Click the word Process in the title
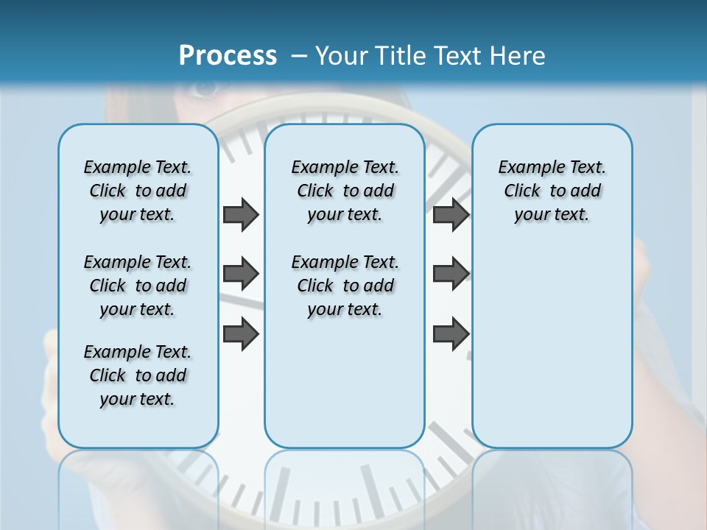point(228,55)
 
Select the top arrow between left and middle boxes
point(241,215)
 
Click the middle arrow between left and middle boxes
point(241,275)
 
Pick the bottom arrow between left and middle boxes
point(241,334)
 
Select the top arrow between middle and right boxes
point(451,215)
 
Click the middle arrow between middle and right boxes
point(451,275)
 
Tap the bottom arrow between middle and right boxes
point(451,334)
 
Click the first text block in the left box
point(138,191)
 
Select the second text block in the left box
point(138,286)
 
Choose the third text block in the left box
point(138,375)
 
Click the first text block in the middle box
point(345,191)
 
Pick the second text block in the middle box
point(345,286)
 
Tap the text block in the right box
point(552,191)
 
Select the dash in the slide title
point(299,55)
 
